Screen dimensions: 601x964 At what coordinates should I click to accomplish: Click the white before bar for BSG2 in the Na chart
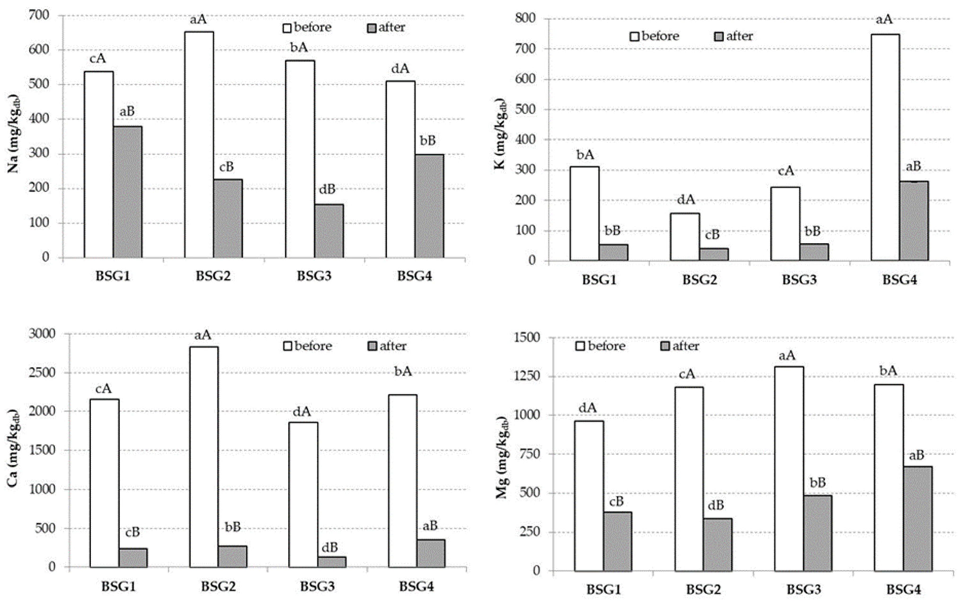199,145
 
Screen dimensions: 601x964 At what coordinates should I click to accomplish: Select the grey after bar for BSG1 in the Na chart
127,192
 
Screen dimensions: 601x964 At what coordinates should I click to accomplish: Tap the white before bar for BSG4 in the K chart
885,147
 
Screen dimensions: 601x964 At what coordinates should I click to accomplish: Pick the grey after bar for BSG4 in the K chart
914,221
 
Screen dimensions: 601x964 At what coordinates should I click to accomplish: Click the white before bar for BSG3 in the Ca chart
303,495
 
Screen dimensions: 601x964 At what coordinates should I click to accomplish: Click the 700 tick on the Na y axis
39,15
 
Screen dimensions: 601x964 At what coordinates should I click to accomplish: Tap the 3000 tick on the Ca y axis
42,334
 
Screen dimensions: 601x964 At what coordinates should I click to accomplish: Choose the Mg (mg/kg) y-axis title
502,457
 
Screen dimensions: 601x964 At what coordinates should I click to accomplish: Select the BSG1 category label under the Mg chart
603,589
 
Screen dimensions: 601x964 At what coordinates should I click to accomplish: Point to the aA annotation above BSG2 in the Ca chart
203,335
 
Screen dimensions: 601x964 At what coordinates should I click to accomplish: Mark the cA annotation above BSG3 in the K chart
786,171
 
